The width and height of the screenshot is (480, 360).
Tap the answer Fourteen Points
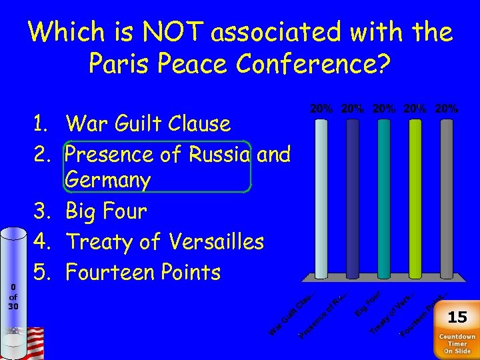(143, 272)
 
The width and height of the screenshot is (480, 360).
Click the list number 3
(41, 211)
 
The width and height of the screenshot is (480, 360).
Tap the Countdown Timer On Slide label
(457, 344)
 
